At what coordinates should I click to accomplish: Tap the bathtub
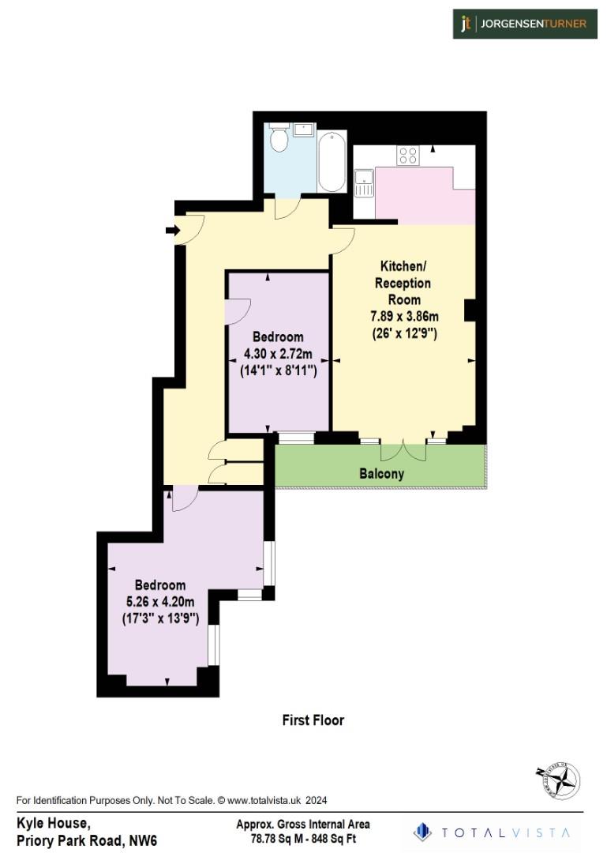tap(332, 161)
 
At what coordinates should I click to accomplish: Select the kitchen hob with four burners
tap(407, 156)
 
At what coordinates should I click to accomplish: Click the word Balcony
tap(381, 474)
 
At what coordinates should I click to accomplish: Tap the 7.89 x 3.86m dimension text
tap(404, 317)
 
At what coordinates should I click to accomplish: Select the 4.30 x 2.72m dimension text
tap(278, 354)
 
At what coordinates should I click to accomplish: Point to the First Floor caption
tap(313, 720)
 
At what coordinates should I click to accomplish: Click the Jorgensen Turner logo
tap(524, 24)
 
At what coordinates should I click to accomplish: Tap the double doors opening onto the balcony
tap(403, 452)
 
